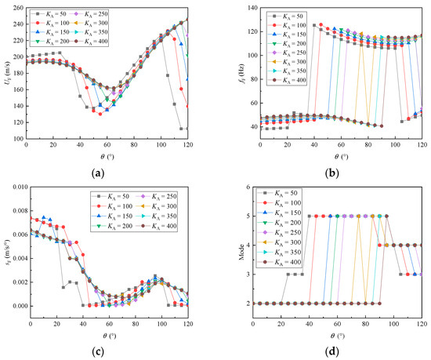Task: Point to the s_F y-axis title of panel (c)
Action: (5, 255)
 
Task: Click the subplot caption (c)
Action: (106, 351)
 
